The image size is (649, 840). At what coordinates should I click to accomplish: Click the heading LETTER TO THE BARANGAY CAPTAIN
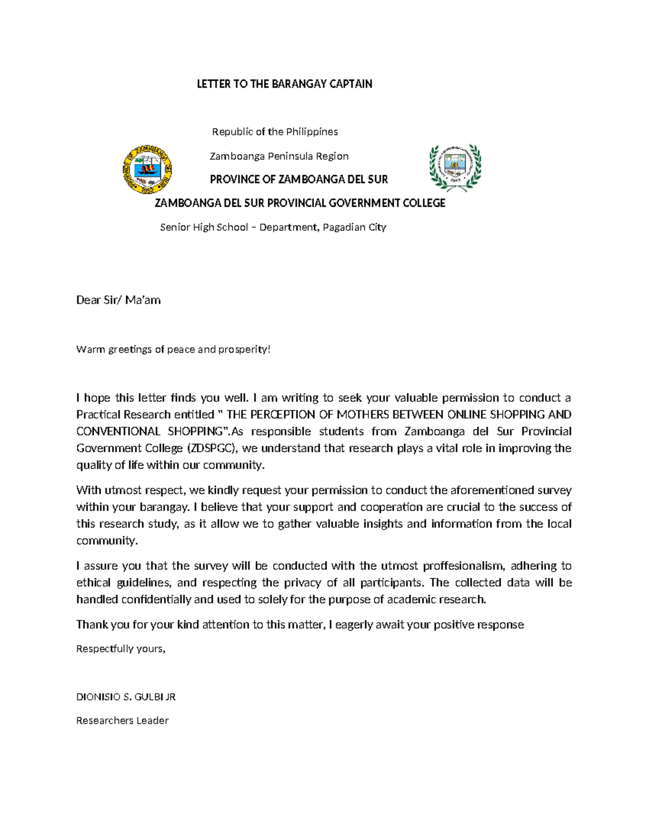coord(284,84)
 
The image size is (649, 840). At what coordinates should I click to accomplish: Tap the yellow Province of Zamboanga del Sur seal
coord(147,169)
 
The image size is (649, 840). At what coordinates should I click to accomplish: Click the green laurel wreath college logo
coord(455,167)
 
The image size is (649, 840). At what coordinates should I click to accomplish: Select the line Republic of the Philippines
coord(275,132)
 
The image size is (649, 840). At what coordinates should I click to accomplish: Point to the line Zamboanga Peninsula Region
coord(279,156)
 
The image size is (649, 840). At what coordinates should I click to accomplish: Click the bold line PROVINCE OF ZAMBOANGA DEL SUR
coord(299,180)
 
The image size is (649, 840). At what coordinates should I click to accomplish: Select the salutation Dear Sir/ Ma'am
coord(118,300)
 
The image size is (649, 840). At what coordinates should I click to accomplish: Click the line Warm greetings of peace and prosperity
coord(173,349)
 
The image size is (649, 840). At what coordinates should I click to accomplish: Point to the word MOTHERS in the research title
coord(363,415)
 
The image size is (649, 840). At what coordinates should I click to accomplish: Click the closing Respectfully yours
coord(121,649)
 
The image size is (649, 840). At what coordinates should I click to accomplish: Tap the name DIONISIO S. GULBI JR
coord(126,697)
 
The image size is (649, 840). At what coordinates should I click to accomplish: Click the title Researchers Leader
coord(122,720)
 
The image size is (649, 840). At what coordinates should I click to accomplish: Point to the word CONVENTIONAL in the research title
coord(118,432)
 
